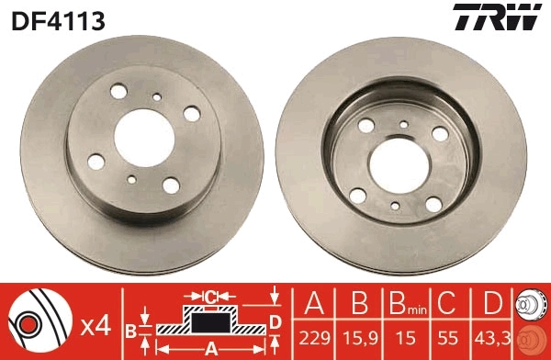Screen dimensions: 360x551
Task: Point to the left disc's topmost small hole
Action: pos(158,96)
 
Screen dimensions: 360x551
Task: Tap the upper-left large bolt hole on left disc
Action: pos(118,93)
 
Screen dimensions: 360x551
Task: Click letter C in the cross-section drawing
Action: pos(210,296)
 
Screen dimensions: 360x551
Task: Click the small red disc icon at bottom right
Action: pos(531,340)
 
